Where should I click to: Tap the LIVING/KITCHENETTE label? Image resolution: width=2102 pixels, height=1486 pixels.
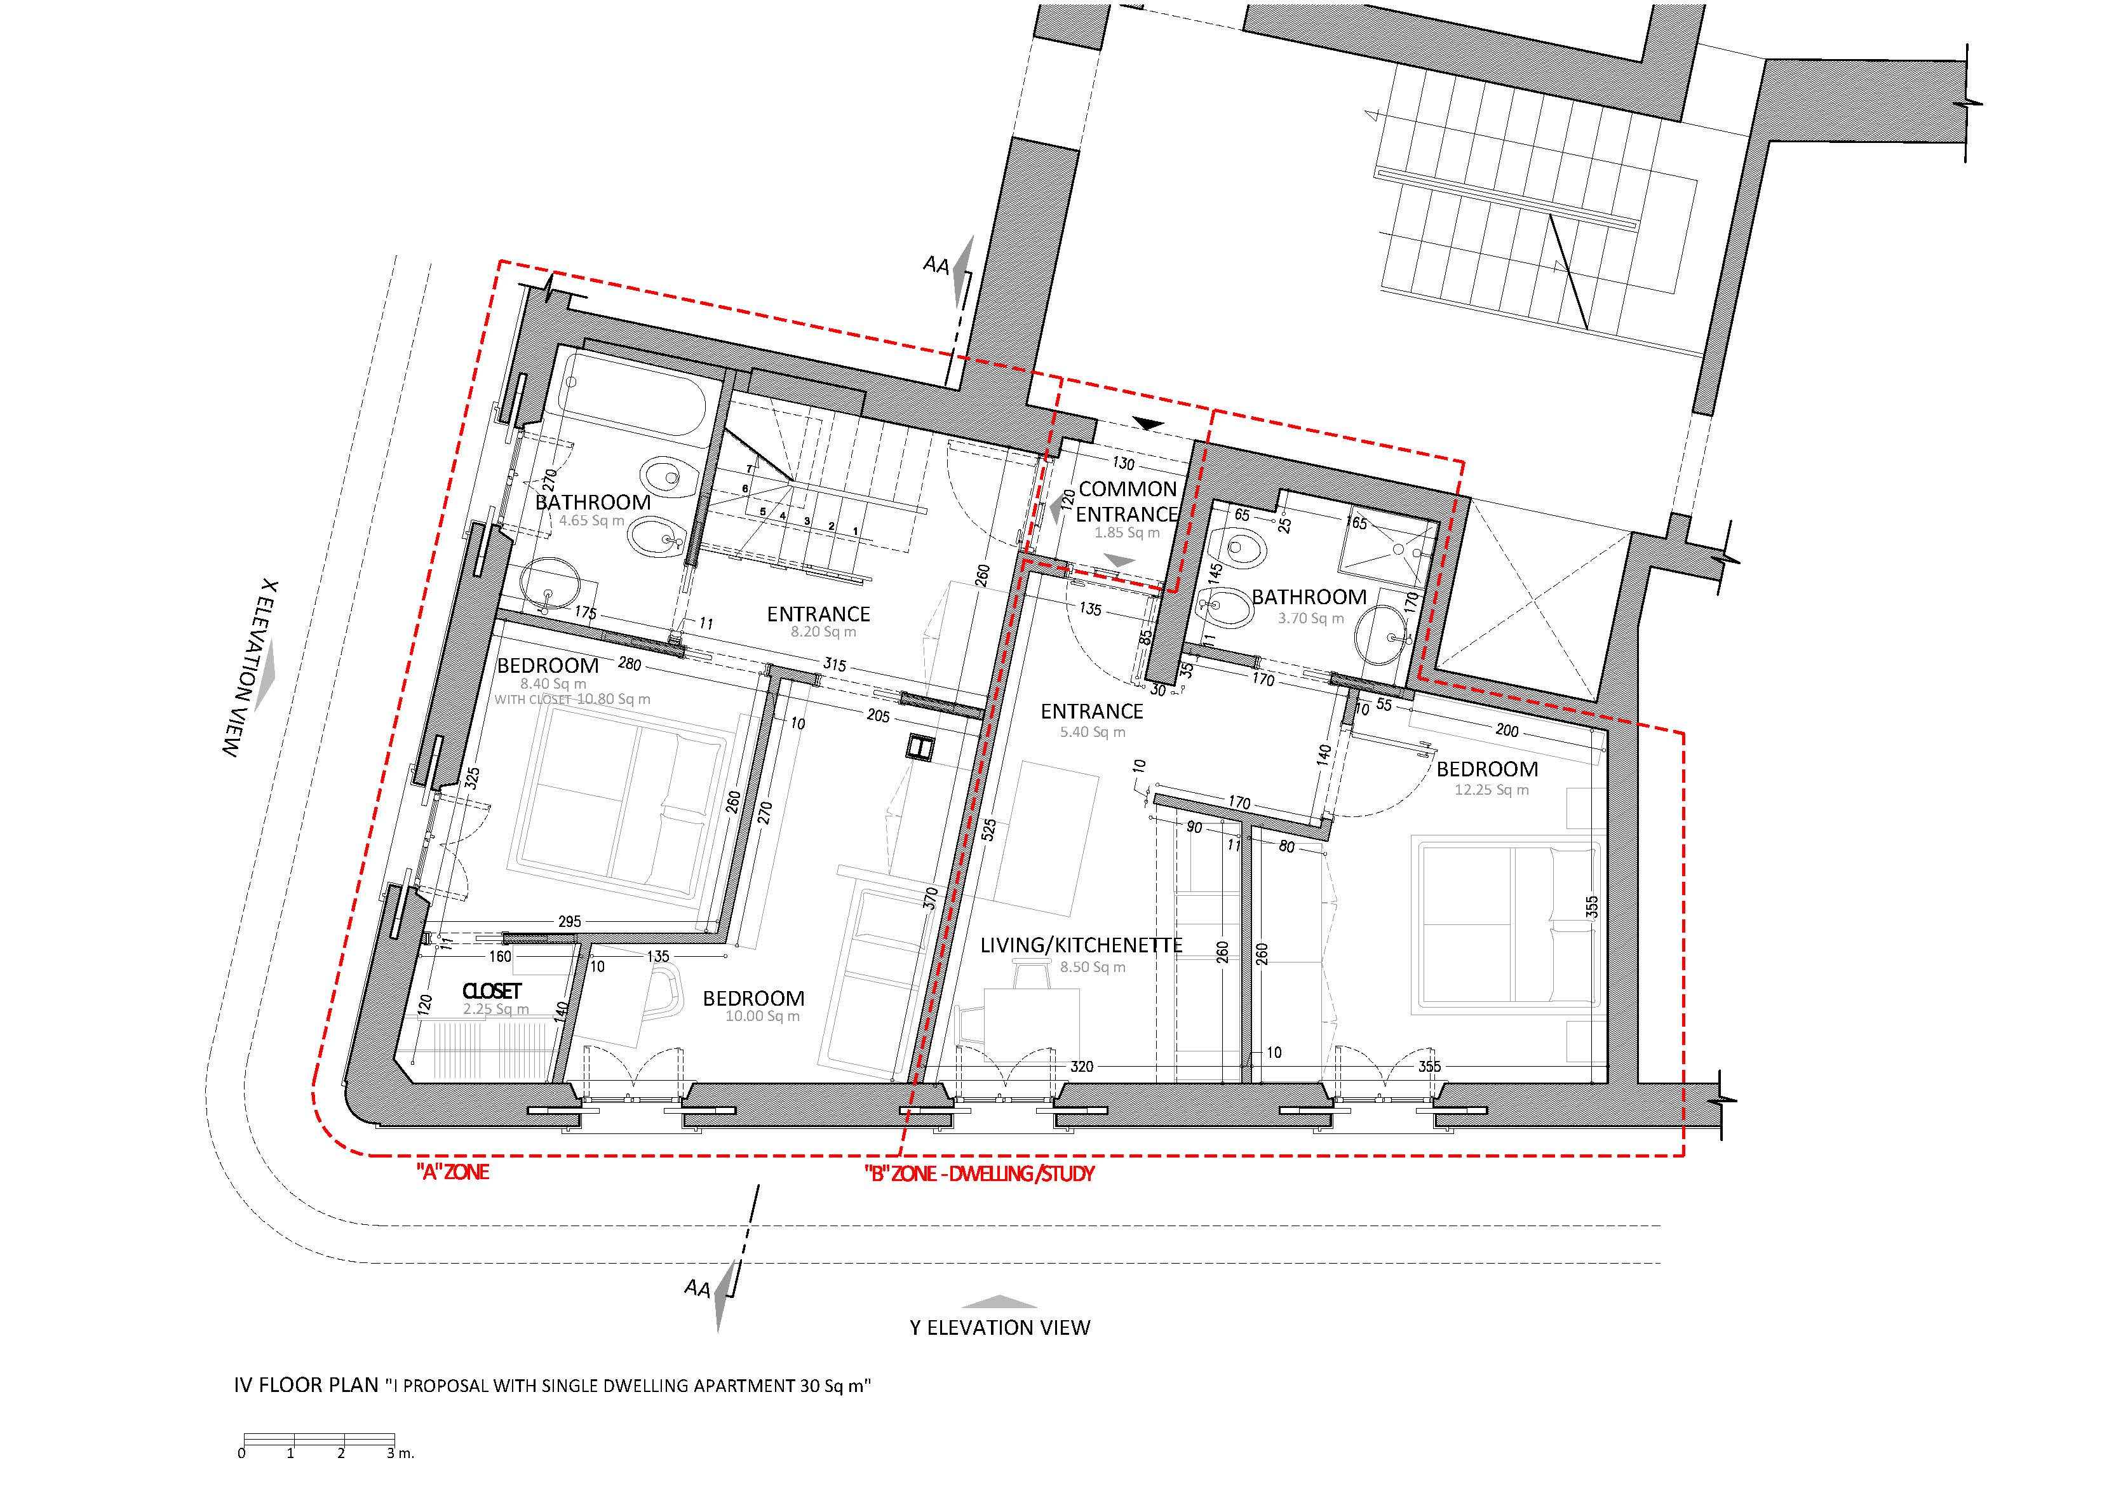(1081, 944)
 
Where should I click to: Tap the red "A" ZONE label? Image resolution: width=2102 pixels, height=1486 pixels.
(452, 1172)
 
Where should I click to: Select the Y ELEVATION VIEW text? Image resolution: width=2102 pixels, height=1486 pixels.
(1000, 1327)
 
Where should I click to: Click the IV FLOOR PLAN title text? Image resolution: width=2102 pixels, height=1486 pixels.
(307, 1384)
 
